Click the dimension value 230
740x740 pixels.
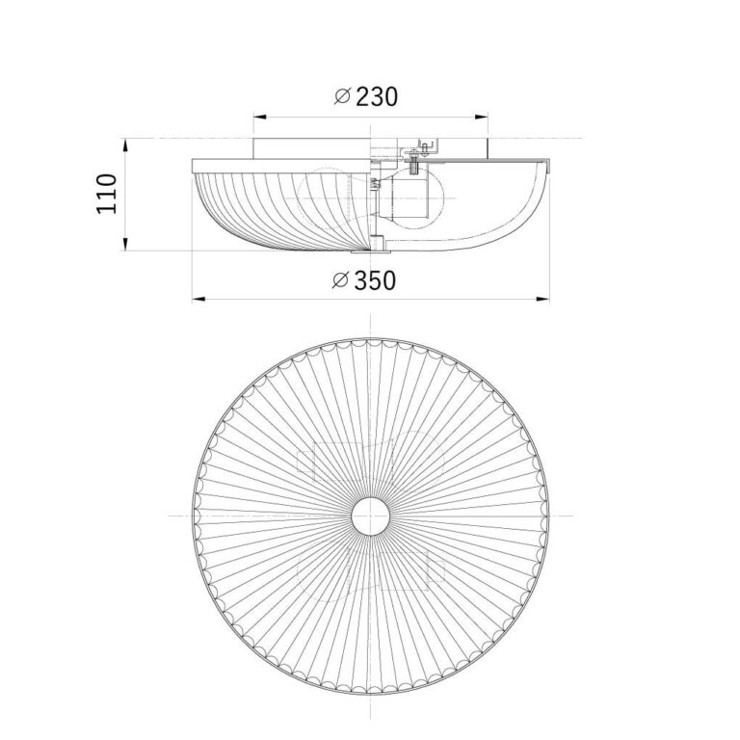click(377, 96)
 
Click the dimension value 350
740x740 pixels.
click(375, 280)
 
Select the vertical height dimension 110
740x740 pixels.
click(107, 194)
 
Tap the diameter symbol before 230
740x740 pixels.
click(342, 96)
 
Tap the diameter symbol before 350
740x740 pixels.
click(340, 280)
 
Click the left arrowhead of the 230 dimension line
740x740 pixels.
click(260, 116)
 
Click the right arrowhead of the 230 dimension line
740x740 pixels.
click(482, 116)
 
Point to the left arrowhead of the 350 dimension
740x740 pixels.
click(198, 299)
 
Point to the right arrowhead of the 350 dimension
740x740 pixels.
click(543, 299)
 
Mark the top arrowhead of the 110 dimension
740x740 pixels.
click(125, 145)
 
